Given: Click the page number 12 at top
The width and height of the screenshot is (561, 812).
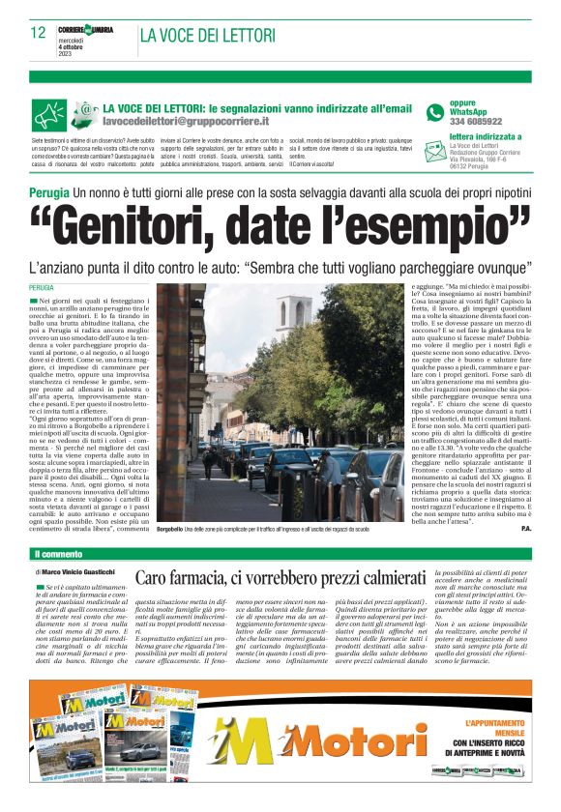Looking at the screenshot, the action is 39,33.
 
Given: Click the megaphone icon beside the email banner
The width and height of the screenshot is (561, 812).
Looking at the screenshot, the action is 85,113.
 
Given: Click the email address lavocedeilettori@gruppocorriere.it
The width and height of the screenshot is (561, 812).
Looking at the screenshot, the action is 186,123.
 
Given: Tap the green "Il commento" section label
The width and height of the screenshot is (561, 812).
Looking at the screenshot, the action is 63,554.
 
